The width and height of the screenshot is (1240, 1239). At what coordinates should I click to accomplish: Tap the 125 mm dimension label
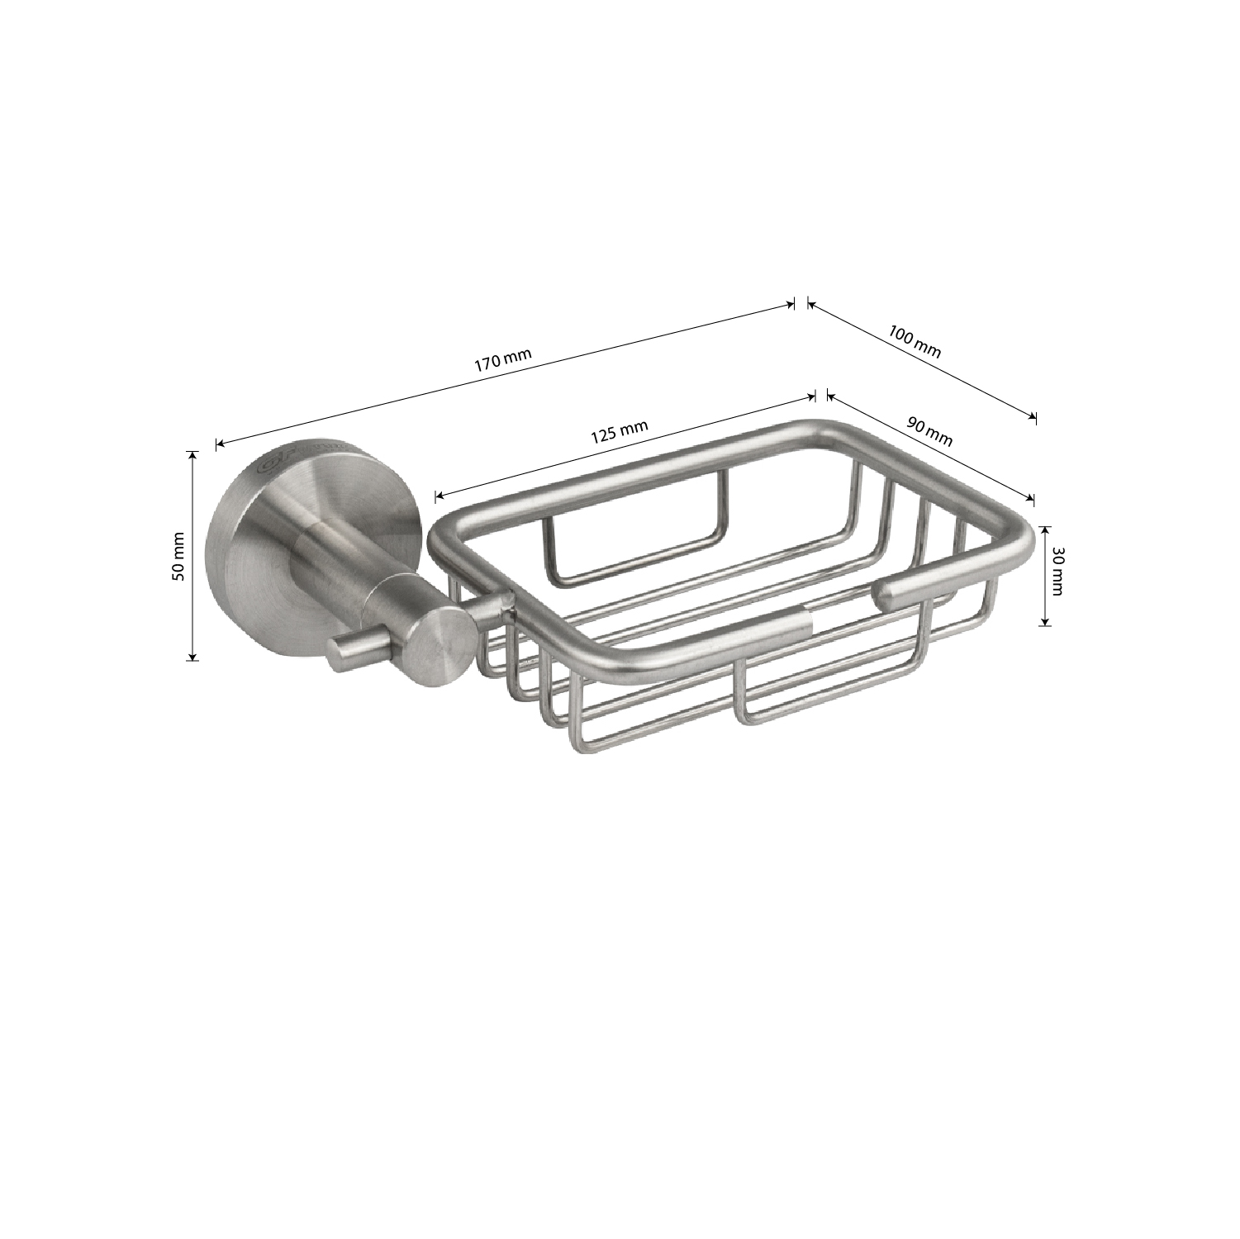click(620, 433)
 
